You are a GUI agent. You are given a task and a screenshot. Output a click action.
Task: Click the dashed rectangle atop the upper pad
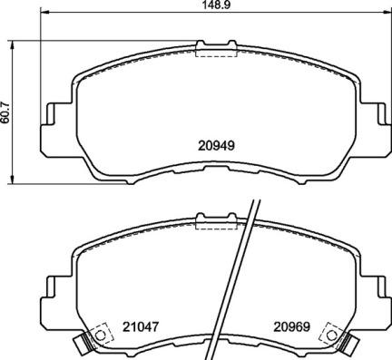click(214, 49)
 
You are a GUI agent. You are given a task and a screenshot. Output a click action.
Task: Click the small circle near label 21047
click(100, 335)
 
